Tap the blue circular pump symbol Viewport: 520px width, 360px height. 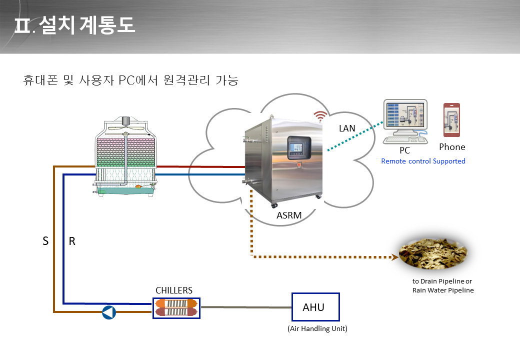[x=109, y=312]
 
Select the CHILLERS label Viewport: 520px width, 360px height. [x=174, y=290]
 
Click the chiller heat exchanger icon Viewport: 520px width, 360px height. [x=176, y=308]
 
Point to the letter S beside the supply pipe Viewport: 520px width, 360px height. [x=46, y=241]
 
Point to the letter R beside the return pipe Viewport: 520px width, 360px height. [x=72, y=241]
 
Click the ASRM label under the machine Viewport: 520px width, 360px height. [x=289, y=215]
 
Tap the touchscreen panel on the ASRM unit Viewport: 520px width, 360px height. [x=299, y=148]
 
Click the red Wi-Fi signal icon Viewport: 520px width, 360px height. [x=320, y=116]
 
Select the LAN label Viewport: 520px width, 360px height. [x=347, y=128]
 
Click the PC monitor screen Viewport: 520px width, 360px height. [x=405, y=114]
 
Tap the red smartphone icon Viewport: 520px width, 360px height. [x=451, y=120]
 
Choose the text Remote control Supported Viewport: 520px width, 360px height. [x=423, y=161]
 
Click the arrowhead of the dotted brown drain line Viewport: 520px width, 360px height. [x=395, y=257]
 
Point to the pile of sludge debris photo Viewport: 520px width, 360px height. [x=433, y=253]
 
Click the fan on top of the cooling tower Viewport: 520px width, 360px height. [x=125, y=126]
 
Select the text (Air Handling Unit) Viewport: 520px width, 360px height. [x=317, y=328]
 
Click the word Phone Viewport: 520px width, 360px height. [x=452, y=147]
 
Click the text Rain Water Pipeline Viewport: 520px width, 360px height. [x=443, y=290]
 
